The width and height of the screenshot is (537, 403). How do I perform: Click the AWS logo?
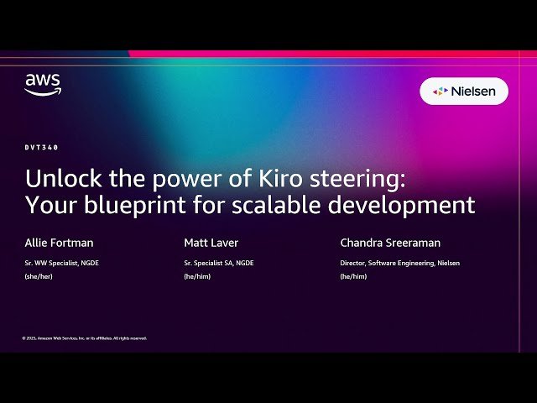pos(42,85)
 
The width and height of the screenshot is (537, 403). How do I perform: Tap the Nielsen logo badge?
pos(464,91)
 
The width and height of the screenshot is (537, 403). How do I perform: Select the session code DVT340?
pos(41,147)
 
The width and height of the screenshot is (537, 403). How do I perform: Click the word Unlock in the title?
pos(55,179)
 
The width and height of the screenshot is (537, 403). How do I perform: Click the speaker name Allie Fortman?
pos(59,243)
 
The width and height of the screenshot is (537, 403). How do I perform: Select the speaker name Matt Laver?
pos(211,243)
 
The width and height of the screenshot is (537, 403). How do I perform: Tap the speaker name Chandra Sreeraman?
pos(390,243)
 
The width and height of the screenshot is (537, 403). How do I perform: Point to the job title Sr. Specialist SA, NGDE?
pos(219,264)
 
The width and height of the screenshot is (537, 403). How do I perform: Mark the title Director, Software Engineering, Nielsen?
pos(399,264)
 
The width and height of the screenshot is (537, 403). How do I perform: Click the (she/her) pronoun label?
pos(39,275)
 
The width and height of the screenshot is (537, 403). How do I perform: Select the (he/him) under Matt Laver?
pos(197,275)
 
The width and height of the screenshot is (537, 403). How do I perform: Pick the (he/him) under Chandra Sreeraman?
pos(353,275)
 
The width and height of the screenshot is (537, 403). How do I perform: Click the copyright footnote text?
pos(85,338)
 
